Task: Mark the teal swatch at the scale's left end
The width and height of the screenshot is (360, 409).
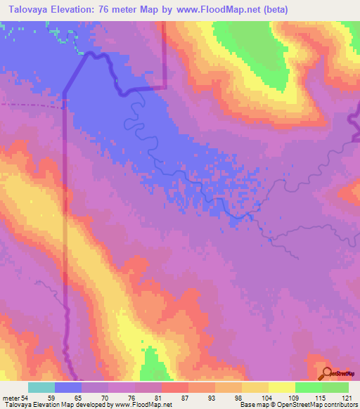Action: pyautogui.click(x=41, y=387)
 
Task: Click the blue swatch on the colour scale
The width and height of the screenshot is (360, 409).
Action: pyautogui.click(x=68, y=387)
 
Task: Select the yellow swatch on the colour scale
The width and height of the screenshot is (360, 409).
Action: pyautogui.click(x=282, y=387)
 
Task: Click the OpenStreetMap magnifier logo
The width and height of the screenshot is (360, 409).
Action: pyautogui.click(x=326, y=372)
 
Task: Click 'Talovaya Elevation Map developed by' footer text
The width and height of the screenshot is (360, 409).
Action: pyautogui.click(x=49, y=405)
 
